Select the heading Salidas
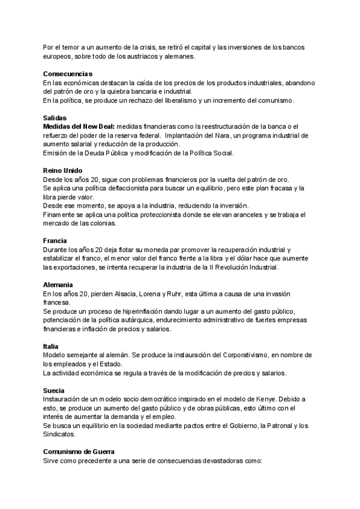point(55,118)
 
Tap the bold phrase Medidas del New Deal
point(79,127)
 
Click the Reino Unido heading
point(62,170)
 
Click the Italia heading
point(51,346)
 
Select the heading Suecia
point(55,390)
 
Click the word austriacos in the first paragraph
point(156,56)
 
